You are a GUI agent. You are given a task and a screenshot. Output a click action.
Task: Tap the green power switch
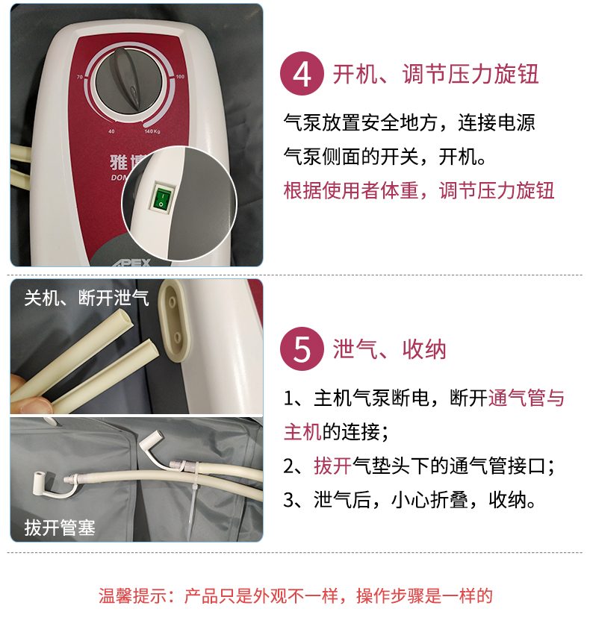[163, 198]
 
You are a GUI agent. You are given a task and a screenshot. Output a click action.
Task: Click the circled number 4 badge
[302, 74]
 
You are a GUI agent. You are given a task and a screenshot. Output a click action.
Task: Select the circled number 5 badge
[302, 348]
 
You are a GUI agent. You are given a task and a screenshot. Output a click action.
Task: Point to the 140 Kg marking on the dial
[152, 131]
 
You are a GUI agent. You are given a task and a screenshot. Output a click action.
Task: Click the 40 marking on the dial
[111, 131]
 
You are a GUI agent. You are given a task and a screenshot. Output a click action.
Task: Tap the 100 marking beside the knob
[180, 77]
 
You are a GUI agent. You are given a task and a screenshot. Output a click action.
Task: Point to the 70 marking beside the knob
[80, 77]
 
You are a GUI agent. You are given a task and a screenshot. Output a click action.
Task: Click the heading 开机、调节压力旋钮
[435, 74]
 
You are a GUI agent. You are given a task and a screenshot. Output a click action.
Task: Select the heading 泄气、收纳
[390, 349]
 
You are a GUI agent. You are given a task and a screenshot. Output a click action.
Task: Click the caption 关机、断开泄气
[87, 298]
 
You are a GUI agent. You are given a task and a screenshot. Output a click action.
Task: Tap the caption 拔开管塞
[60, 528]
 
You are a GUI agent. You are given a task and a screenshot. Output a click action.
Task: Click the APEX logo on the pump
[132, 263]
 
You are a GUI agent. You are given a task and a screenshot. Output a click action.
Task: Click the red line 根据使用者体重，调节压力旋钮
[418, 190]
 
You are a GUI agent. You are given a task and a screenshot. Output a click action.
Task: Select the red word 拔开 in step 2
[332, 466]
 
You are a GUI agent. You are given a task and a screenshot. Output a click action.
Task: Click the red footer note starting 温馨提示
[295, 596]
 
